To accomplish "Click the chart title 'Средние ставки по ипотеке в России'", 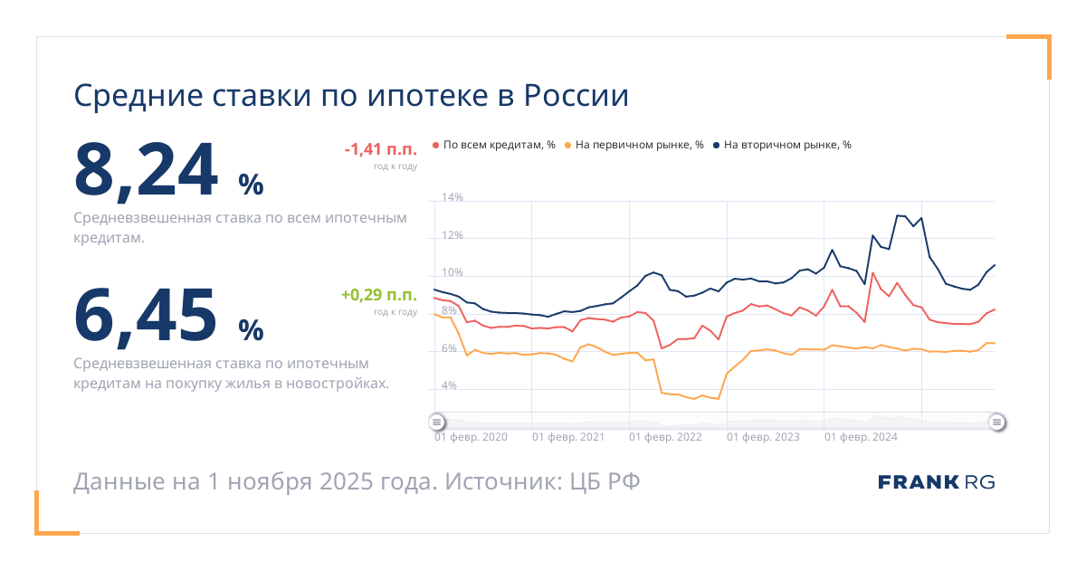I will pyautogui.click(x=350, y=97).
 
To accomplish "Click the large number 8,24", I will pyautogui.click(x=147, y=170).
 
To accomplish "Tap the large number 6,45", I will pyautogui.click(x=147, y=314).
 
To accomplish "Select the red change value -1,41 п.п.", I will pyautogui.click(x=380, y=149).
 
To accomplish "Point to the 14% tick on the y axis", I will pyautogui.click(x=452, y=197).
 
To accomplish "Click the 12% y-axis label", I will pyautogui.click(x=452, y=235).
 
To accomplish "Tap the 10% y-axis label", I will pyautogui.click(x=452, y=273).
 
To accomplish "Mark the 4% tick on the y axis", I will pyautogui.click(x=449, y=386).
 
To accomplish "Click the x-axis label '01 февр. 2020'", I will pyautogui.click(x=471, y=437).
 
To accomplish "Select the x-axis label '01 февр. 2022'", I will pyautogui.click(x=665, y=437).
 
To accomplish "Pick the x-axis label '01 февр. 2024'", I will pyautogui.click(x=861, y=437).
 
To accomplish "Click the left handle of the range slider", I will pyautogui.click(x=436, y=422).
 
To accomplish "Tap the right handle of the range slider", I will pyautogui.click(x=996, y=422).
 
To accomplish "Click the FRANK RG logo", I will pyautogui.click(x=936, y=482).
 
